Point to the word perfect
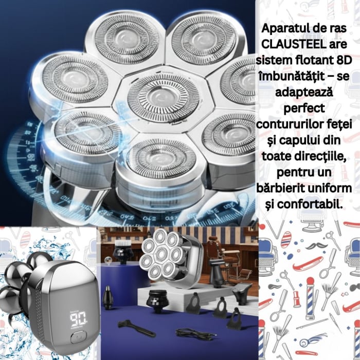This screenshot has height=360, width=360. pyautogui.click(x=307, y=110)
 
